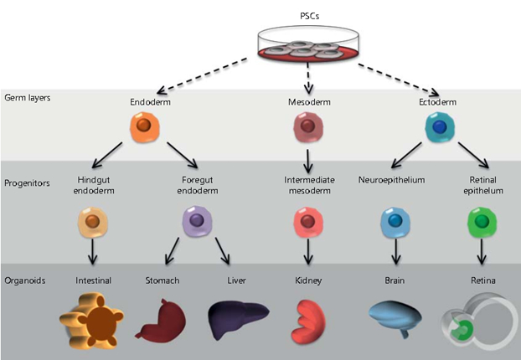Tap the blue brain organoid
point(400,319)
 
